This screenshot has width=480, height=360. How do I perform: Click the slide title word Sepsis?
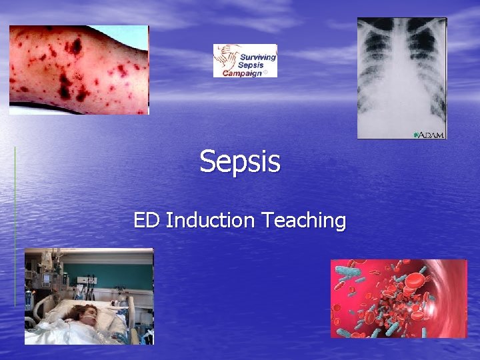pyautogui.click(x=240, y=162)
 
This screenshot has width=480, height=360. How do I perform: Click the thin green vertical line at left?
pyautogui.click(x=15, y=227)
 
